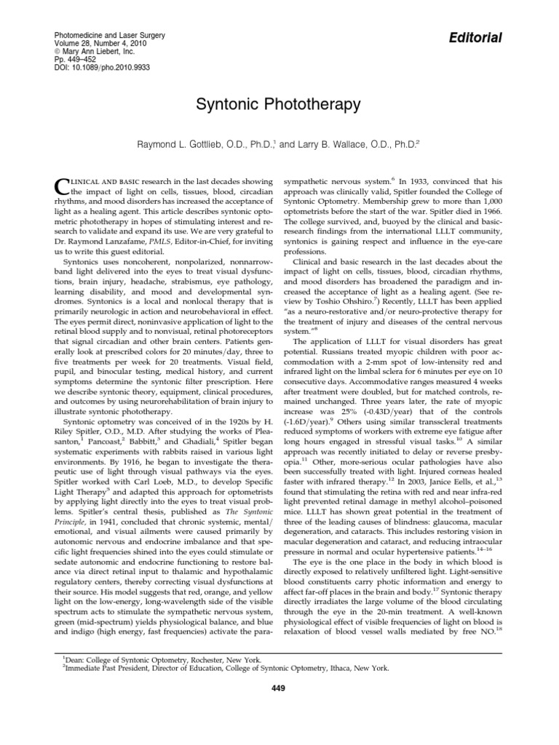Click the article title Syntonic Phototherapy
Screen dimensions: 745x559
click(x=279, y=105)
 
